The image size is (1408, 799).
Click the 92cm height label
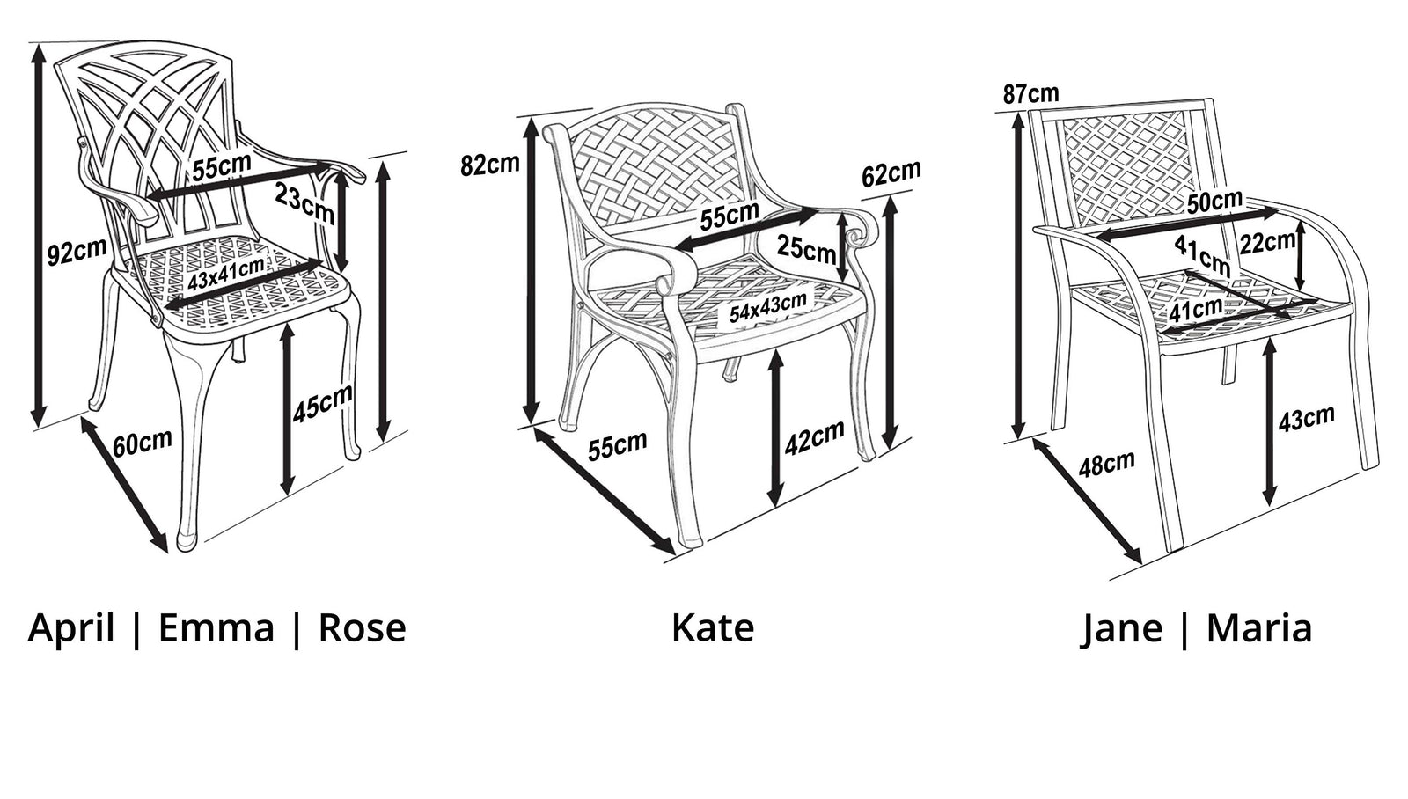pyautogui.click(x=77, y=251)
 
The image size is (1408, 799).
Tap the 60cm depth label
pyautogui.click(x=143, y=443)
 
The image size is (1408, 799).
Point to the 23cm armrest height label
pyautogui.click(x=304, y=203)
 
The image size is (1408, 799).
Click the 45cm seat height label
pyautogui.click(x=322, y=403)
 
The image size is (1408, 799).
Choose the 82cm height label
pyautogui.click(x=490, y=164)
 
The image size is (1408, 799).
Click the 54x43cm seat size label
pyautogui.click(x=768, y=307)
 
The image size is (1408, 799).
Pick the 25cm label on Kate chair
pyautogui.click(x=806, y=248)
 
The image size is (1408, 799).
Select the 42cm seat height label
pyautogui.click(x=815, y=437)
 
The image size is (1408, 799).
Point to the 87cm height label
pyautogui.click(x=1030, y=93)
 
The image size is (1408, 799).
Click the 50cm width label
pyautogui.click(x=1215, y=202)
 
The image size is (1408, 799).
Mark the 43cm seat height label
pyautogui.click(x=1307, y=418)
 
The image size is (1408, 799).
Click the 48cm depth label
pyautogui.click(x=1107, y=464)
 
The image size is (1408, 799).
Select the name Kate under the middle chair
pyautogui.click(x=713, y=627)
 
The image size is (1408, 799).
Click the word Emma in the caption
pyautogui.click(x=216, y=627)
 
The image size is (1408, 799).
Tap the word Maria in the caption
pyautogui.click(x=1259, y=627)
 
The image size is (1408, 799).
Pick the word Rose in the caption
pyautogui.click(x=362, y=627)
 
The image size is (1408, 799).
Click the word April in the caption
pyautogui.click(x=71, y=628)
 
